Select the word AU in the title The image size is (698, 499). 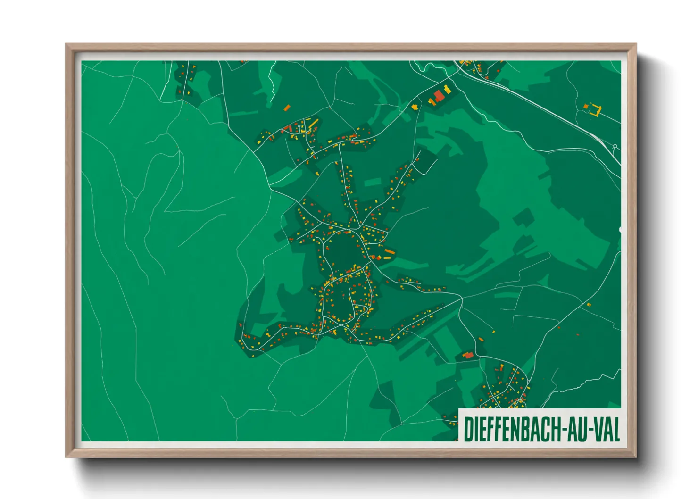[576, 429]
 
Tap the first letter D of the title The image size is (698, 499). [469, 429]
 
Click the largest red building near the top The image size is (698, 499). [439, 96]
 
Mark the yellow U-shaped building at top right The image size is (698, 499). [595, 110]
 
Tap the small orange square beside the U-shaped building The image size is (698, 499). [586, 107]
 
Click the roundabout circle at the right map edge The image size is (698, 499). [615, 146]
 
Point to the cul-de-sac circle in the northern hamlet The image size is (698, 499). [299, 126]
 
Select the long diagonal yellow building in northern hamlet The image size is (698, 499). [313, 124]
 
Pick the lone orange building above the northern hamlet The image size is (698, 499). [286, 108]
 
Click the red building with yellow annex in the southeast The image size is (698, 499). [468, 355]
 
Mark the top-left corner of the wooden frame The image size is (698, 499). [66, 45]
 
